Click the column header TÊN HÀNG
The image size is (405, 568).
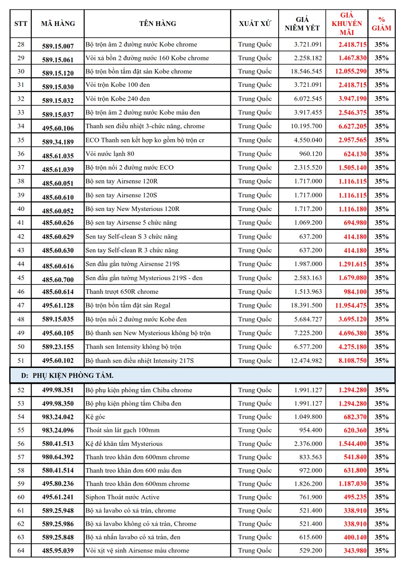point(158,24)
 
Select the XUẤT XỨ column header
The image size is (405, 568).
point(255,24)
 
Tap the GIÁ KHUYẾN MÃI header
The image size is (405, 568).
point(347,24)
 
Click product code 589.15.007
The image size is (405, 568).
point(58,46)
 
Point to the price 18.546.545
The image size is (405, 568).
point(306,71)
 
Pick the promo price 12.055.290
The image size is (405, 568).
point(351,71)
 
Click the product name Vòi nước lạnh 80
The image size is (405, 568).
point(110,154)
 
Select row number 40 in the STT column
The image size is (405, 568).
point(21,209)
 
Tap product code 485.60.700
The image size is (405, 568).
point(58,280)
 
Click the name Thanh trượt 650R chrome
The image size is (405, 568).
point(122,292)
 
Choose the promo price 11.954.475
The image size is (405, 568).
point(351,306)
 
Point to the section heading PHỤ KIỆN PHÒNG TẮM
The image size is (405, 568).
point(73,376)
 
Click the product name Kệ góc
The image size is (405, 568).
point(95,417)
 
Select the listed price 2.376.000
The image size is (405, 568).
point(308,444)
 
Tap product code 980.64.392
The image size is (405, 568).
point(58,457)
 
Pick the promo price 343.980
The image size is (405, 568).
point(355,551)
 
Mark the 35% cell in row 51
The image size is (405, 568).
point(382,361)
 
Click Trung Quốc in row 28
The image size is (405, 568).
point(255,45)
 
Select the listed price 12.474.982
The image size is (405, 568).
point(306,361)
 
